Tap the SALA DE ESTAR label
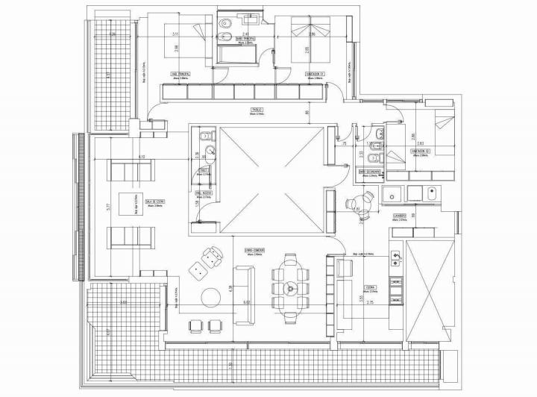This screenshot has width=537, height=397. (x=155, y=201)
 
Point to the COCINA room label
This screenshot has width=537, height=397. (x=370, y=286)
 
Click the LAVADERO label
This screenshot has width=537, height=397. (x=400, y=216)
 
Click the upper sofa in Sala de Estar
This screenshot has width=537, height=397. (x=131, y=170)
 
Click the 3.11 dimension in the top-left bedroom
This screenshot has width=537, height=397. (x=175, y=34)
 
